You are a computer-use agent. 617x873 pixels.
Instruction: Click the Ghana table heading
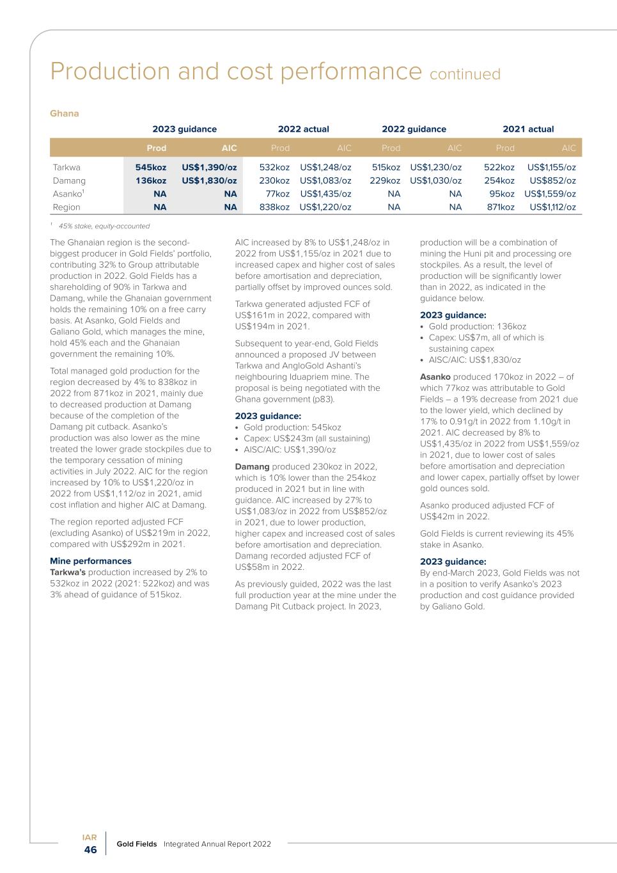click(65, 114)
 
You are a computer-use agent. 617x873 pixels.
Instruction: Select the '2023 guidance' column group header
click(184, 129)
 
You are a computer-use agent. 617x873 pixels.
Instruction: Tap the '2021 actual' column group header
click(528, 129)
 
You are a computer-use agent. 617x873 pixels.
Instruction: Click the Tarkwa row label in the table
click(66, 168)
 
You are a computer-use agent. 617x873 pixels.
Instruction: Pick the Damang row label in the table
click(69, 181)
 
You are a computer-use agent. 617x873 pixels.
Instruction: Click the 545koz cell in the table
click(151, 168)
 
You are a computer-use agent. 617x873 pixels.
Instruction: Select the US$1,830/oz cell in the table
click(209, 181)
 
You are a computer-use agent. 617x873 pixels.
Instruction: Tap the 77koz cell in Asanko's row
click(277, 194)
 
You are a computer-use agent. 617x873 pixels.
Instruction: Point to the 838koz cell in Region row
click(274, 207)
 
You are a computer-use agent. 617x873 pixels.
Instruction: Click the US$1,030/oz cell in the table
click(435, 181)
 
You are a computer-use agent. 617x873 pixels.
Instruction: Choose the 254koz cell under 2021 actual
click(499, 181)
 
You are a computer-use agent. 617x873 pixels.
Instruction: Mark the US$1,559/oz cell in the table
click(550, 194)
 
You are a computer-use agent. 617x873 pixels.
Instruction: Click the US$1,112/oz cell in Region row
click(552, 207)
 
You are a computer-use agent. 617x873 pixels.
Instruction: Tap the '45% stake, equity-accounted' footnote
click(104, 226)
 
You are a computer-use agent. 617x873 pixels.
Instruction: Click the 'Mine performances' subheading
click(91, 561)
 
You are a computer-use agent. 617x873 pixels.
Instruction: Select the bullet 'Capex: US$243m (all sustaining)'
click(307, 439)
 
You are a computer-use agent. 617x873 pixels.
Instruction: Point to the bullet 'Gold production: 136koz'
click(478, 326)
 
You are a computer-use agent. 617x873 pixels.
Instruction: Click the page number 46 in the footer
click(90, 850)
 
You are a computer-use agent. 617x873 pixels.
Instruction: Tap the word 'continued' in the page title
click(465, 74)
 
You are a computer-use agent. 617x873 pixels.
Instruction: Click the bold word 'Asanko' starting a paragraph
click(435, 377)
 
